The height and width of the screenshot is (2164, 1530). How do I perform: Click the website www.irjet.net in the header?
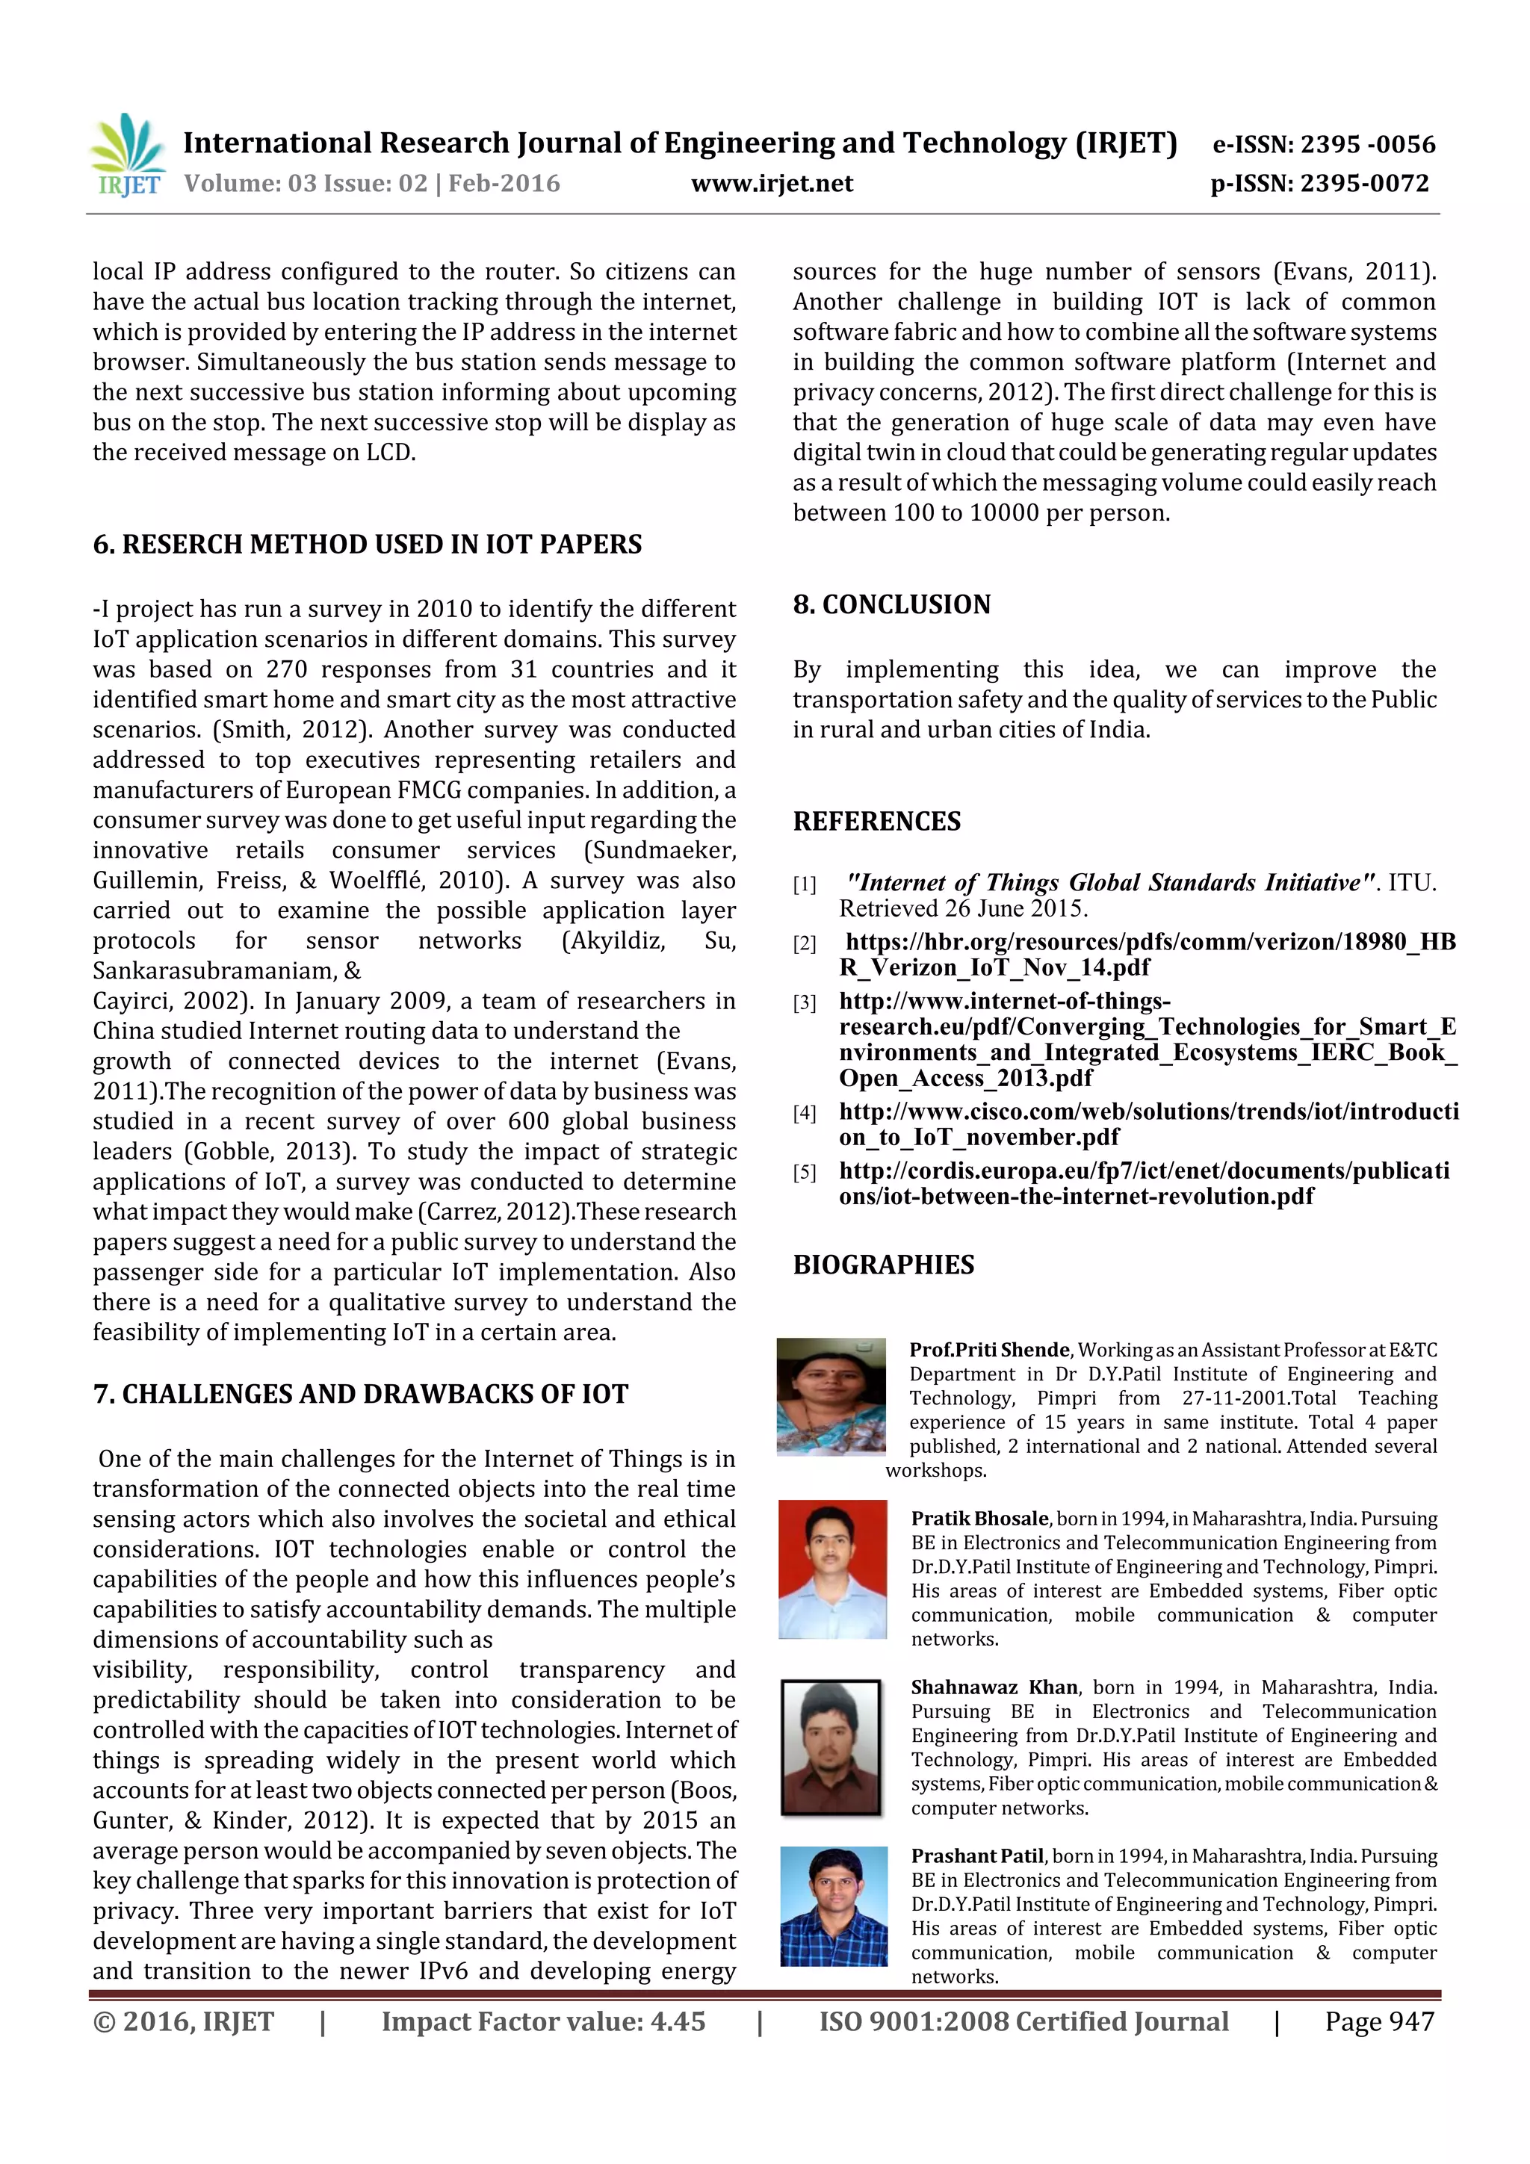771,184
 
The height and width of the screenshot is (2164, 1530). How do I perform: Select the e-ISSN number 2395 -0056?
1367,144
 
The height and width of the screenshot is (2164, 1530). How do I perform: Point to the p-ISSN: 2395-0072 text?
1319,184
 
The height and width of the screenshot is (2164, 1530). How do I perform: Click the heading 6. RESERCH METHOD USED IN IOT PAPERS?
367,544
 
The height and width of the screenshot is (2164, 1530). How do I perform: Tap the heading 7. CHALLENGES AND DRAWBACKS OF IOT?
360,1394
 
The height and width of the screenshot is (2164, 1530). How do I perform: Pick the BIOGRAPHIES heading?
882,1264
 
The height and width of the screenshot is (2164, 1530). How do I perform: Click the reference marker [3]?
804,1003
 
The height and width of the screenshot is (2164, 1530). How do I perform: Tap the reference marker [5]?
804,1173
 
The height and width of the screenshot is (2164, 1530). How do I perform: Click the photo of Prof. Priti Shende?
831,1396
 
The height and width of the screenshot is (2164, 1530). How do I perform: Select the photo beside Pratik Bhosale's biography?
832,1569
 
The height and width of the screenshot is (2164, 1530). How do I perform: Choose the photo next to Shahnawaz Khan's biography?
831,1746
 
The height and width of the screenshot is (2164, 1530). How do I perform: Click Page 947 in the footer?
1378,2021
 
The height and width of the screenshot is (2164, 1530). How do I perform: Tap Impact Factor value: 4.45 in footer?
543,2021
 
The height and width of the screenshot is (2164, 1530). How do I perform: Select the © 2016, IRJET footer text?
183,2021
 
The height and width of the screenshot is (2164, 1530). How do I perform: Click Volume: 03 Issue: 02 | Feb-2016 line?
371,184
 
